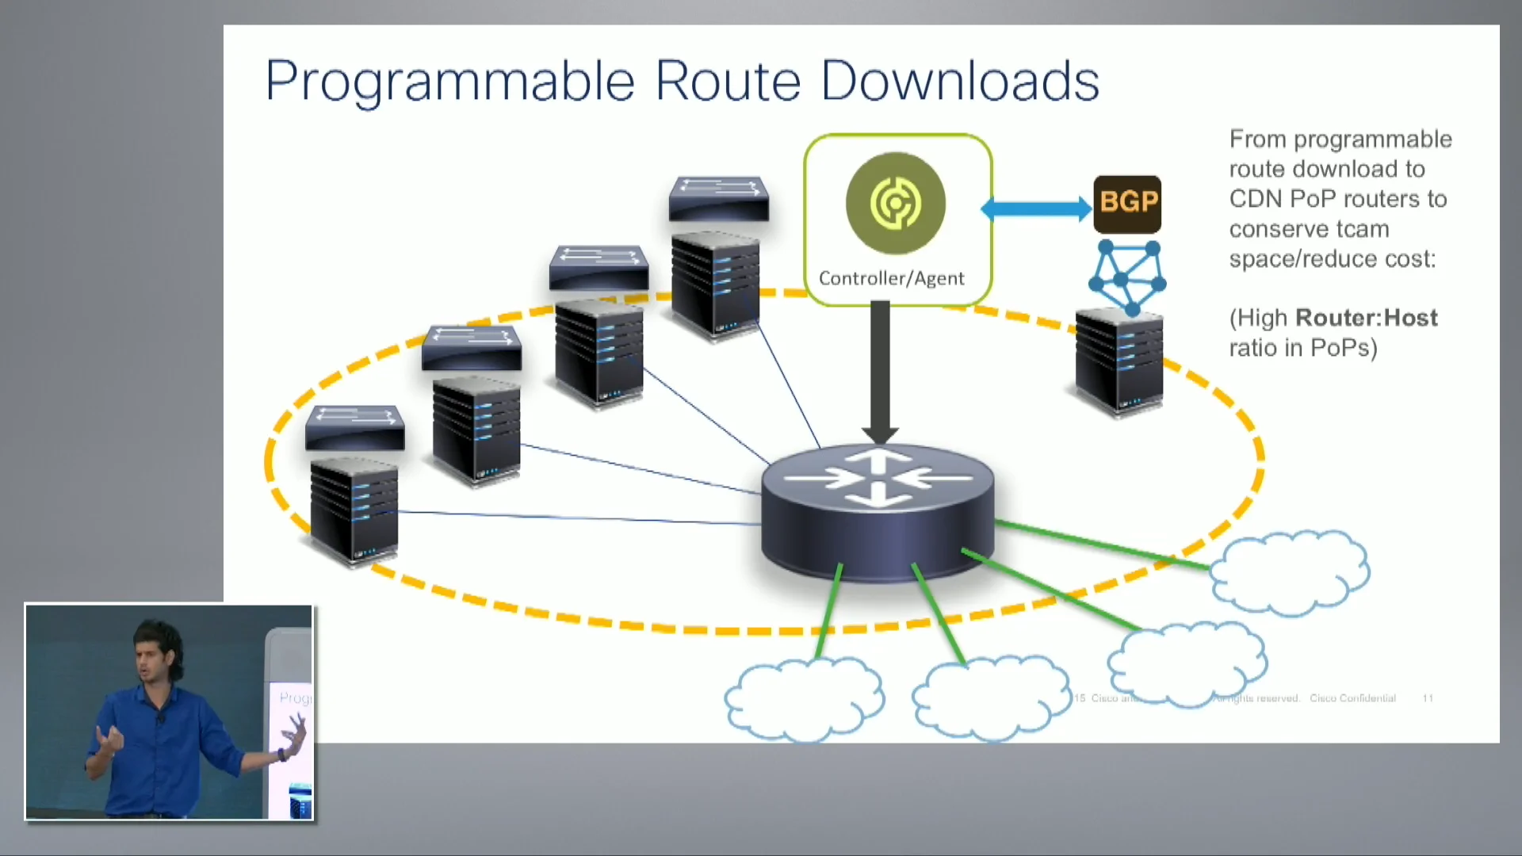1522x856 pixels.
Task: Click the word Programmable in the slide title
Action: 449,82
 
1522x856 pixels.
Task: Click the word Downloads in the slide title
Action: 960,81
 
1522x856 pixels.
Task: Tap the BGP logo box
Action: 1127,204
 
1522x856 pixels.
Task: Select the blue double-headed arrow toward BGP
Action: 1036,209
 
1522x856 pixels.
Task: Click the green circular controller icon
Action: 896,204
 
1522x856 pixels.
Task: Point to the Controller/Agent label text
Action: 891,279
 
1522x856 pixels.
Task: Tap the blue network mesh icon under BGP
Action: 1126,277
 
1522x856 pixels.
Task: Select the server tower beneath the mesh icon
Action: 1119,362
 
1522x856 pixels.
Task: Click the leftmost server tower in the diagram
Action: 354,509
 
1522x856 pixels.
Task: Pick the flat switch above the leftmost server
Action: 355,428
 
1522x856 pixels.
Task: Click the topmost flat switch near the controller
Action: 718,198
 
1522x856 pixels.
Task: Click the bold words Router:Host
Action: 1366,319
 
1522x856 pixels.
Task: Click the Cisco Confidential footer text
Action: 1352,698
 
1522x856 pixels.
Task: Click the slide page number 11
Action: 1428,698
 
